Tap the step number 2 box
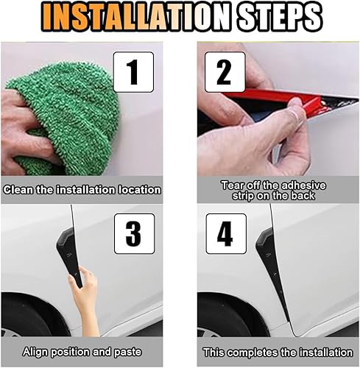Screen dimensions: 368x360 click(x=224, y=71)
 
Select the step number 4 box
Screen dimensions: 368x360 click(x=224, y=233)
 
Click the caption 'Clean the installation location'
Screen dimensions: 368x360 click(x=82, y=189)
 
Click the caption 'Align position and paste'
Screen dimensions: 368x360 click(x=82, y=352)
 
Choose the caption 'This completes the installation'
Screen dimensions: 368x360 click(x=278, y=352)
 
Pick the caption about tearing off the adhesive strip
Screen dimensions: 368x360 click(x=278, y=190)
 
